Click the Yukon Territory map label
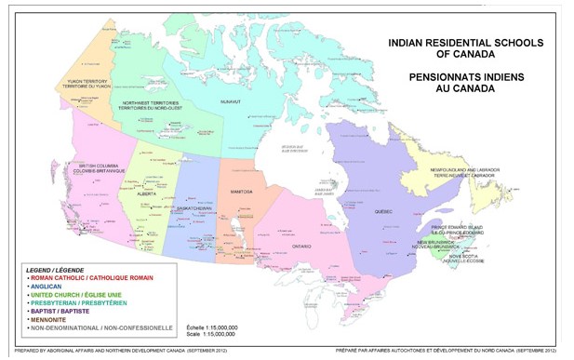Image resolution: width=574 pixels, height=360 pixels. click(86, 84)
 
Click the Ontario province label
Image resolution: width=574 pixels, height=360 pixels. click(300, 247)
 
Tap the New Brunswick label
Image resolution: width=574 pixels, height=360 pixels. click(435, 244)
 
